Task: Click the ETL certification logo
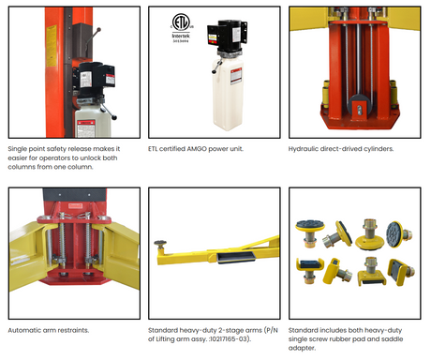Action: tap(181, 22)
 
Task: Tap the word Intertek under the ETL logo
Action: tap(181, 36)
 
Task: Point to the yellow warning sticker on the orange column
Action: tap(52, 46)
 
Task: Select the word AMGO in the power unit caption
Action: tap(197, 149)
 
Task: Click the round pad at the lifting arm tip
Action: tap(160, 243)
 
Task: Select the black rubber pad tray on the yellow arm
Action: tap(236, 257)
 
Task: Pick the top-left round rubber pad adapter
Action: tap(310, 232)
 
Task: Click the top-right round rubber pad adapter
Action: tap(399, 233)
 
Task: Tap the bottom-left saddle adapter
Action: tap(310, 270)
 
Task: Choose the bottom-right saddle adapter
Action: tap(401, 272)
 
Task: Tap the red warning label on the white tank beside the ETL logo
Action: tap(236, 77)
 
